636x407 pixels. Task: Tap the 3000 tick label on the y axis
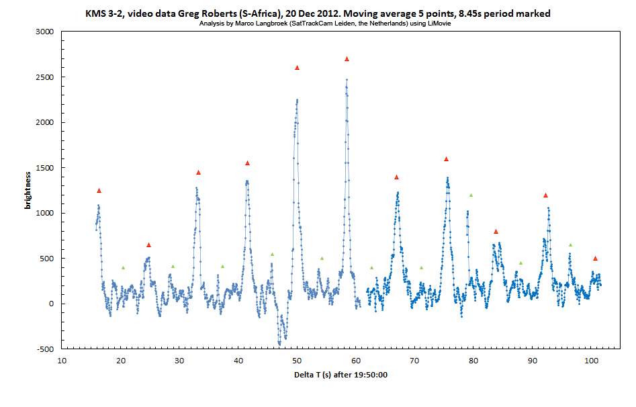(44, 32)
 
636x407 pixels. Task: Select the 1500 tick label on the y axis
(44, 168)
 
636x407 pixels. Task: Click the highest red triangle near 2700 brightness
(347, 59)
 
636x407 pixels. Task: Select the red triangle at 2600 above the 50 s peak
(297, 68)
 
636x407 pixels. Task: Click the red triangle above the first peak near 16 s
(99, 191)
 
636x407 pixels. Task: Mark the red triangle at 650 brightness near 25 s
(148, 245)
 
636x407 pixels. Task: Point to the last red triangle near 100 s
(595, 259)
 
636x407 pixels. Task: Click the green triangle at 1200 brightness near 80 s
(471, 195)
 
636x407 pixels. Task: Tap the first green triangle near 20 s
(123, 268)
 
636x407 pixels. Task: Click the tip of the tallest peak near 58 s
(347, 80)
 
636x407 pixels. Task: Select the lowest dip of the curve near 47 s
(279, 344)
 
